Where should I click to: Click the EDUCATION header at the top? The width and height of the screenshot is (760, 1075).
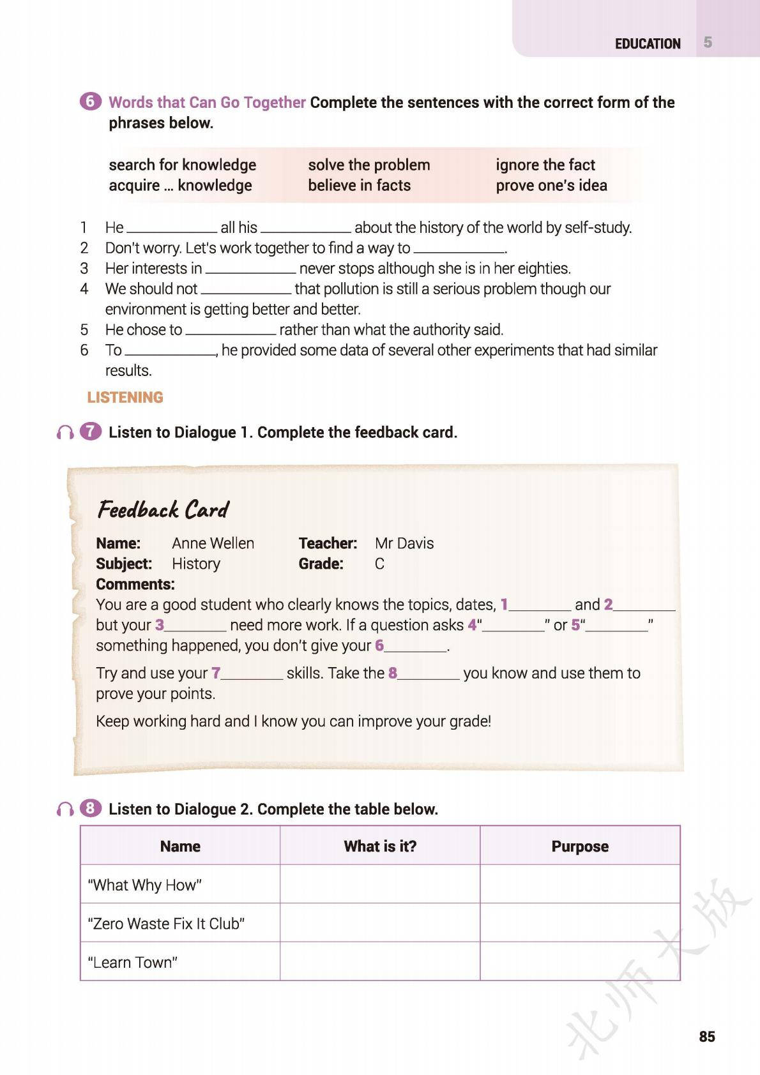647,43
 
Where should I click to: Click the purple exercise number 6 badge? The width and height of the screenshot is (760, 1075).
90,101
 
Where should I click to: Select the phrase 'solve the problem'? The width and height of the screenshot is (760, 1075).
369,165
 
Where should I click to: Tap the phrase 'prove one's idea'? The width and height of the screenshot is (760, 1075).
551,185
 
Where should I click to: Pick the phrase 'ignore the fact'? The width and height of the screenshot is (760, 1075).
545,165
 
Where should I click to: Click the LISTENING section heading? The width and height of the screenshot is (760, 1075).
125,397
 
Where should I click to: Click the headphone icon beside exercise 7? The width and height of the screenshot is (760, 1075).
65,433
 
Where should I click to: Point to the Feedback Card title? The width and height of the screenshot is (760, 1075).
163,509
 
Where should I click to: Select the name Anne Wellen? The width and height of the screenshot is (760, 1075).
213,543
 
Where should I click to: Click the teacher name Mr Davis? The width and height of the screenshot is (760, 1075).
404,543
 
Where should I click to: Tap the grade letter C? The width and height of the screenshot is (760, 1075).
379,564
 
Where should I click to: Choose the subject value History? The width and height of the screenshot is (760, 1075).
195,564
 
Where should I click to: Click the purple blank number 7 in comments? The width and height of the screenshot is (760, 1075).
216,673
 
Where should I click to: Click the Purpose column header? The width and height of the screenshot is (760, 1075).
579,846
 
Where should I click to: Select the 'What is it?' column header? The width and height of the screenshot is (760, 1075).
379,846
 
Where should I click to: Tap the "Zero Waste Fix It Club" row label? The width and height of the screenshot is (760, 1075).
166,923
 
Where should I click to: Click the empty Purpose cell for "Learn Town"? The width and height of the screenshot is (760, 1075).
579,961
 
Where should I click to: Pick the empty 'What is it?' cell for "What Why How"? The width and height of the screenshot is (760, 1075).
379,884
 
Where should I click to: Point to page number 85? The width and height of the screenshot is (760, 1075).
706,1037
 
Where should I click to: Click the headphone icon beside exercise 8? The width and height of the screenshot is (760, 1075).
65,809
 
